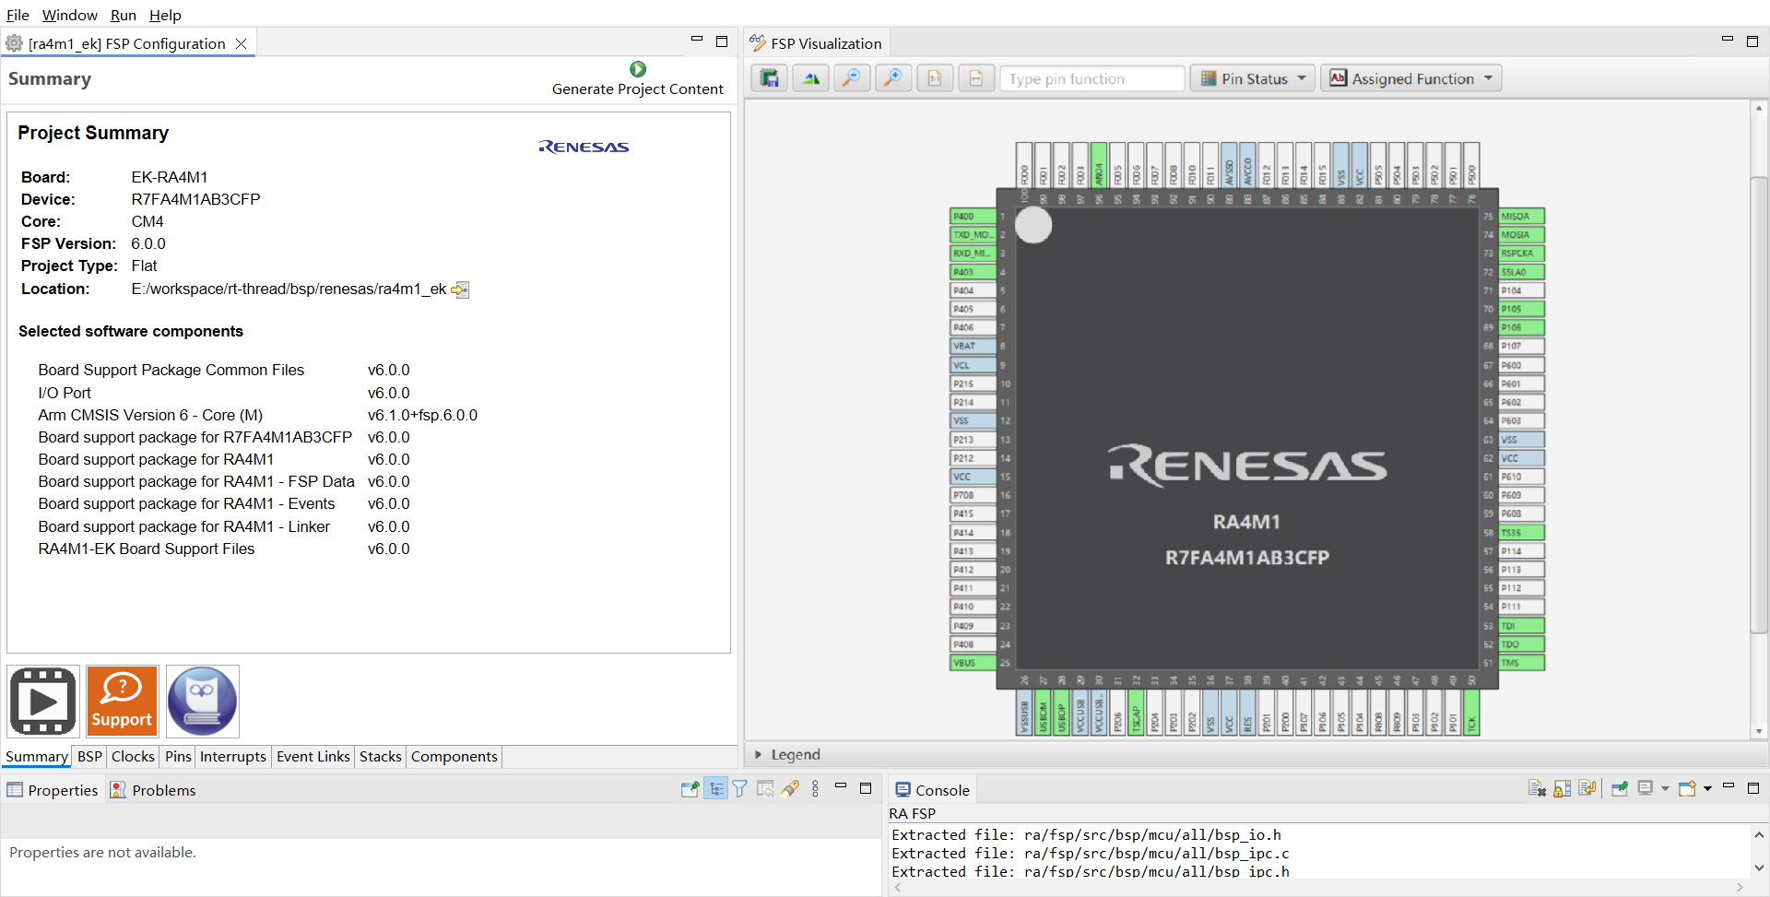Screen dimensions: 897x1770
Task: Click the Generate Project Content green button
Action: click(x=637, y=69)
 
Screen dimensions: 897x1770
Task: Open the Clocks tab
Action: click(x=133, y=757)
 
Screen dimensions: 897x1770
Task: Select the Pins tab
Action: click(x=178, y=757)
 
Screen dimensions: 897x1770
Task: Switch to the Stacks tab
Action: click(x=380, y=757)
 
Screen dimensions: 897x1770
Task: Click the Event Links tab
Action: click(x=313, y=757)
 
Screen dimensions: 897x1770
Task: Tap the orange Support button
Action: click(x=123, y=702)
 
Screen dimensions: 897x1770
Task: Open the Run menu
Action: click(x=123, y=15)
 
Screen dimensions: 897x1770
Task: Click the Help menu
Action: click(x=165, y=15)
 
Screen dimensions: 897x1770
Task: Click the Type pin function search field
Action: click(x=1091, y=79)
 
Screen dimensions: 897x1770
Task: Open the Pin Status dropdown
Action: click(x=1254, y=79)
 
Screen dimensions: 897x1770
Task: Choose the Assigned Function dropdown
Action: click(x=1410, y=79)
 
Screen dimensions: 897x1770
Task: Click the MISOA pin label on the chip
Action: click(x=1520, y=217)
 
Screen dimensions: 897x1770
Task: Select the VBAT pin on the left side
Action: click(x=972, y=347)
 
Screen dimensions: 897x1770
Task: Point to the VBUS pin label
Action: click(x=972, y=663)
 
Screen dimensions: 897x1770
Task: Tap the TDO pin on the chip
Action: click(x=1520, y=644)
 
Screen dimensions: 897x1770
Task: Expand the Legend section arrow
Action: click(x=758, y=754)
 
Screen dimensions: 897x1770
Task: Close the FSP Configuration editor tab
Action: click(x=241, y=44)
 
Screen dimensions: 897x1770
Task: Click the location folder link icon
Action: click(x=460, y=289)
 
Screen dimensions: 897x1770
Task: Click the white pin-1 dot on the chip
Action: click(x=1033, y=225)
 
